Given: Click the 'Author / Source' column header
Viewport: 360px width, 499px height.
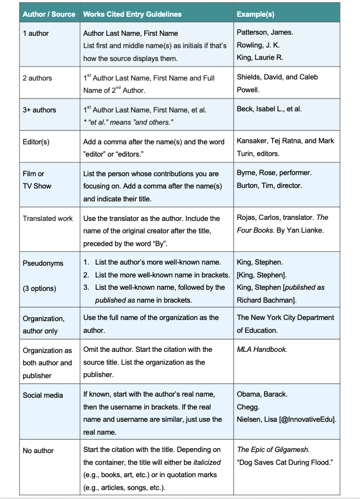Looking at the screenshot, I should pos(49,14).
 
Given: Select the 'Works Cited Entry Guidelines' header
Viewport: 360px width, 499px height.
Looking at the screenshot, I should pos(132,14).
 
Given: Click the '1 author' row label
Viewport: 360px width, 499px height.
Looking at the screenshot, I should pos(35,34).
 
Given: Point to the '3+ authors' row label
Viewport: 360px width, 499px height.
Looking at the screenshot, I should pos(39,110).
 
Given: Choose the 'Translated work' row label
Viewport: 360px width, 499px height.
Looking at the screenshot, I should pos(48,218).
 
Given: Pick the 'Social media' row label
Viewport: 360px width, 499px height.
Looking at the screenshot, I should pos(42,395).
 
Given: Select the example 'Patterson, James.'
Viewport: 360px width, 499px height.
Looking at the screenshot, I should pos(264,32).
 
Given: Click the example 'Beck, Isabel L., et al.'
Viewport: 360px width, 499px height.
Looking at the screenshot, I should pos(269,109).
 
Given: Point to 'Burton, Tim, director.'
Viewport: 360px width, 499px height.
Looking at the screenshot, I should pos(269,186).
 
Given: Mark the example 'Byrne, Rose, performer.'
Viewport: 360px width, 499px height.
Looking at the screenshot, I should pos(274,173).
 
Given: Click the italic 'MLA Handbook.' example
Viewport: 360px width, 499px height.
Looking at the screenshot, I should pos(262,349).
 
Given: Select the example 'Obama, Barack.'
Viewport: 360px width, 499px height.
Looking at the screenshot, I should pos(262,394).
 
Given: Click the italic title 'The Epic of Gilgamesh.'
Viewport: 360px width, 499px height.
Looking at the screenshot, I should pos(273,449).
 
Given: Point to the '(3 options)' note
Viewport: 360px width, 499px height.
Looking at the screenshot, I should pos(40,289).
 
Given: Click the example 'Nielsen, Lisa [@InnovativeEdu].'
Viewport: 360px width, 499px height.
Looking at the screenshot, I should pos(287,419).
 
